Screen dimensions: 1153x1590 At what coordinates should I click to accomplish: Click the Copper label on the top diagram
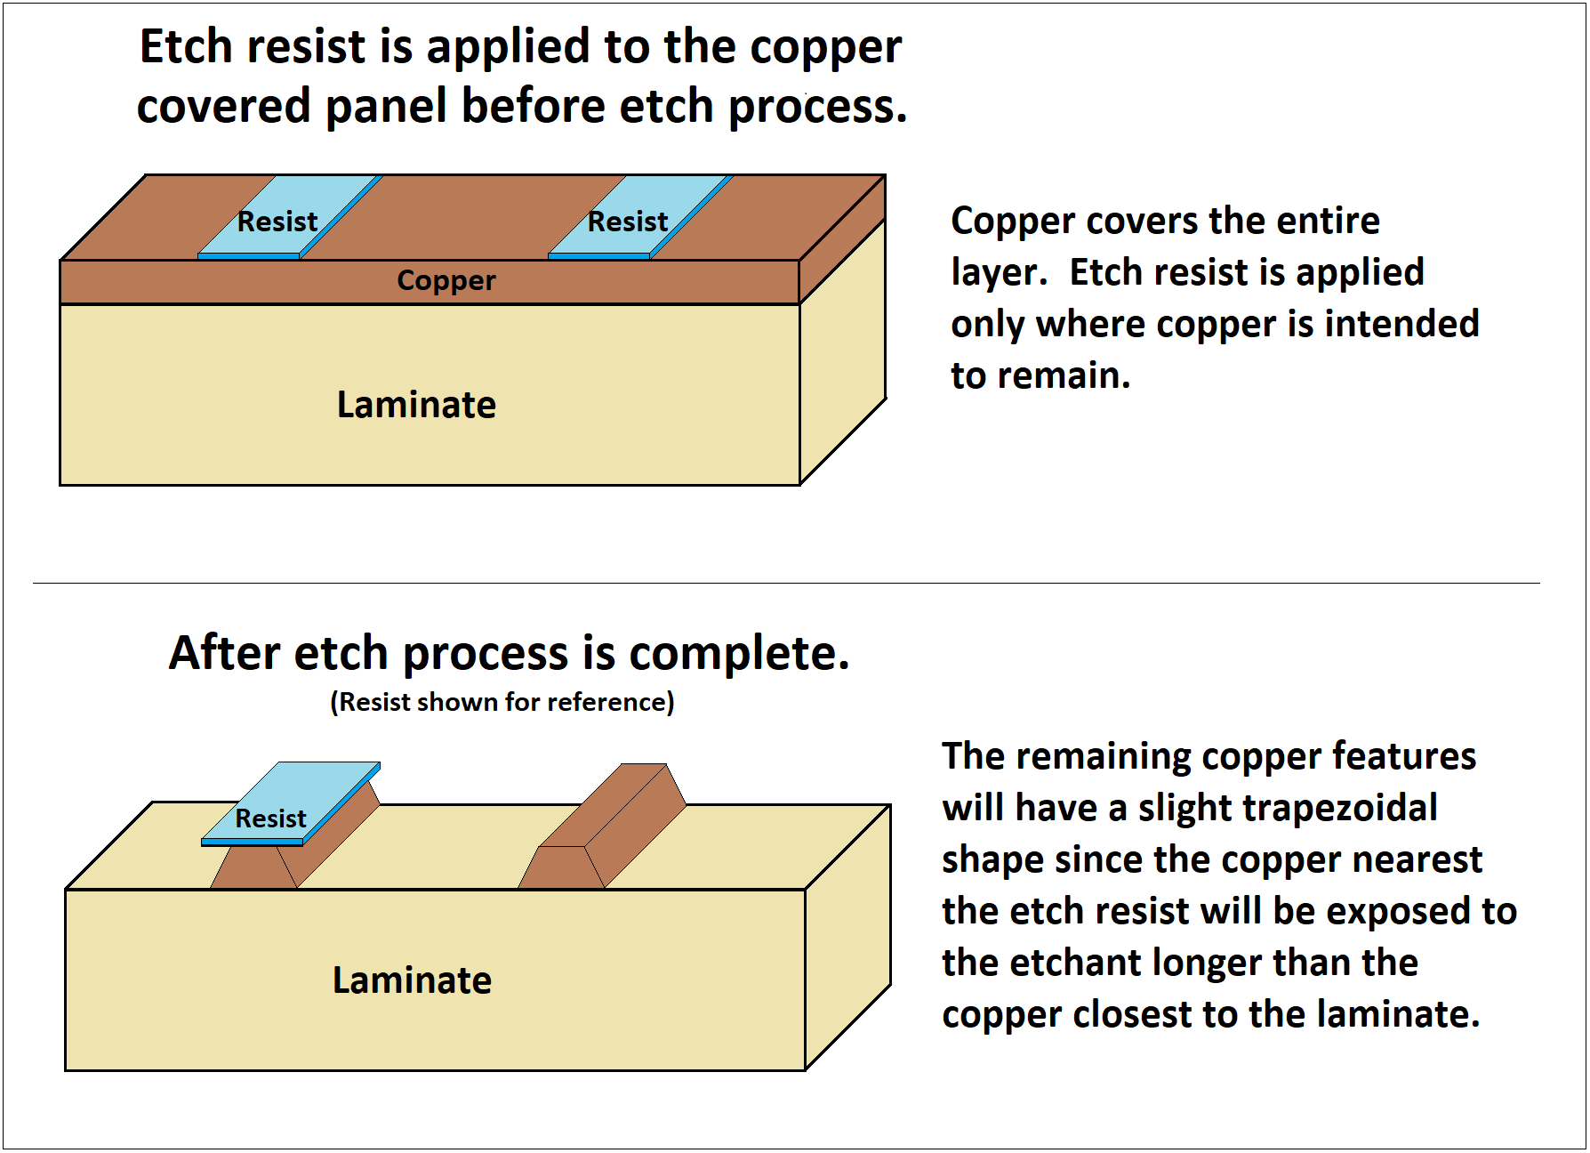(446, 280)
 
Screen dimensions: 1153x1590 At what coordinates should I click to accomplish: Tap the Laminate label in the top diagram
(416, 405)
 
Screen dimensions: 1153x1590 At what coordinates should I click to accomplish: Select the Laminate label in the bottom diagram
(412, 980)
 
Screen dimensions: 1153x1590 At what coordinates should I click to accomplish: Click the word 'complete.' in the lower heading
(739, 653)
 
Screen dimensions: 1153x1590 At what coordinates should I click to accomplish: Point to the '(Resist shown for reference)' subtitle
(502, 702)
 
